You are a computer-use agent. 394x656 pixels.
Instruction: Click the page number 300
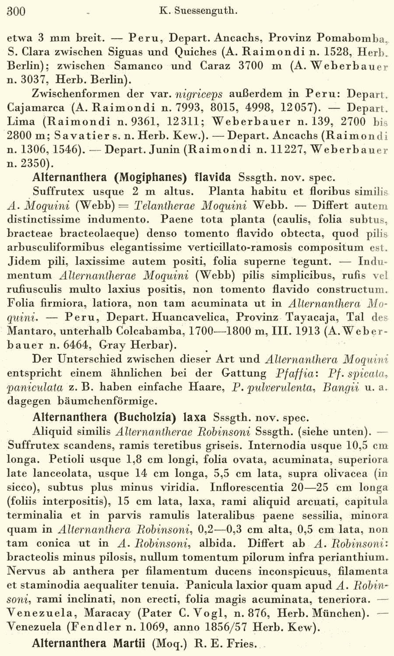click(16, 11)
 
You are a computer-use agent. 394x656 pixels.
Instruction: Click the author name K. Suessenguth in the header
click(197, 11)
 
